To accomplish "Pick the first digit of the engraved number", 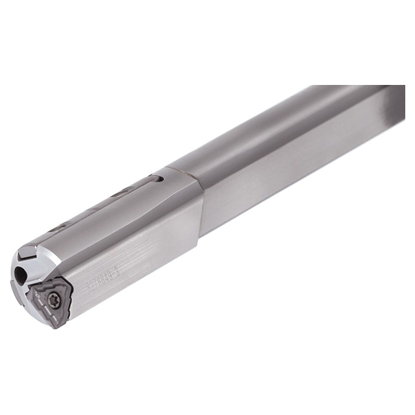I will [x=91, y=285].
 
